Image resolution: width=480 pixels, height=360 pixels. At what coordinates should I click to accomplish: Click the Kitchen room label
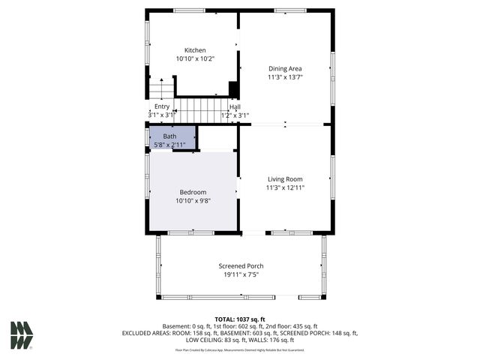pos(195,50)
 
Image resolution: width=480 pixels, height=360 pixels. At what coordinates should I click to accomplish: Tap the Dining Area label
pos(285,68)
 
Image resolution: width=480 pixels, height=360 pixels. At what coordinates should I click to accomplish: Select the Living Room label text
pos(285,179)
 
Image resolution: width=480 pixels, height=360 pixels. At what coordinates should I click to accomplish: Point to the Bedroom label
pos(192,192)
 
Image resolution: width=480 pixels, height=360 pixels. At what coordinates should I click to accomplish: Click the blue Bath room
pos(172,138)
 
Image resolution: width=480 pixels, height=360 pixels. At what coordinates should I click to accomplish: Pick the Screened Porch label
pos(241,266)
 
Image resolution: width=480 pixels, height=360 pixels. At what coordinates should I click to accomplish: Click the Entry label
pos(162,106)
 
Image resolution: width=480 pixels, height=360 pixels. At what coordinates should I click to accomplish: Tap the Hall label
pos(235,106)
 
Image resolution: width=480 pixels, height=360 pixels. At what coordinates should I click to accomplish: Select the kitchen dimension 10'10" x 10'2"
pos(195,58)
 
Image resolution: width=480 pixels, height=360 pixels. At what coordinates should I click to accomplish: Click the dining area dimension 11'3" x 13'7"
pos(285,76)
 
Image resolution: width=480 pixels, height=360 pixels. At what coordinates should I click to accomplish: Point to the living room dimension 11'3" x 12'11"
pos(285,187)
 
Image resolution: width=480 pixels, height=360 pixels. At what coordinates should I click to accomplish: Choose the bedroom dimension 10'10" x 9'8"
pos(192,200)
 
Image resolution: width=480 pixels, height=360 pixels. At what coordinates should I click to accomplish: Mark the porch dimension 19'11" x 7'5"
pos(241,274)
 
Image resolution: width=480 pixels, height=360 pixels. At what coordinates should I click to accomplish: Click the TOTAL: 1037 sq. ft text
pos(240,319)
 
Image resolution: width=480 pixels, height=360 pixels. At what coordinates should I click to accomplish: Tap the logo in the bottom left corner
pos(22,335)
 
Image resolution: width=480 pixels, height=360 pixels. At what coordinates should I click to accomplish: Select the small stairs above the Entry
pos(160,89)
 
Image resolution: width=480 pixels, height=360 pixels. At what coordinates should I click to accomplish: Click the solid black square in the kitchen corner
pos(233,89)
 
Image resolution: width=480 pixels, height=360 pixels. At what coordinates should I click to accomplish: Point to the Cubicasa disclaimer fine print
pos(240,349)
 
